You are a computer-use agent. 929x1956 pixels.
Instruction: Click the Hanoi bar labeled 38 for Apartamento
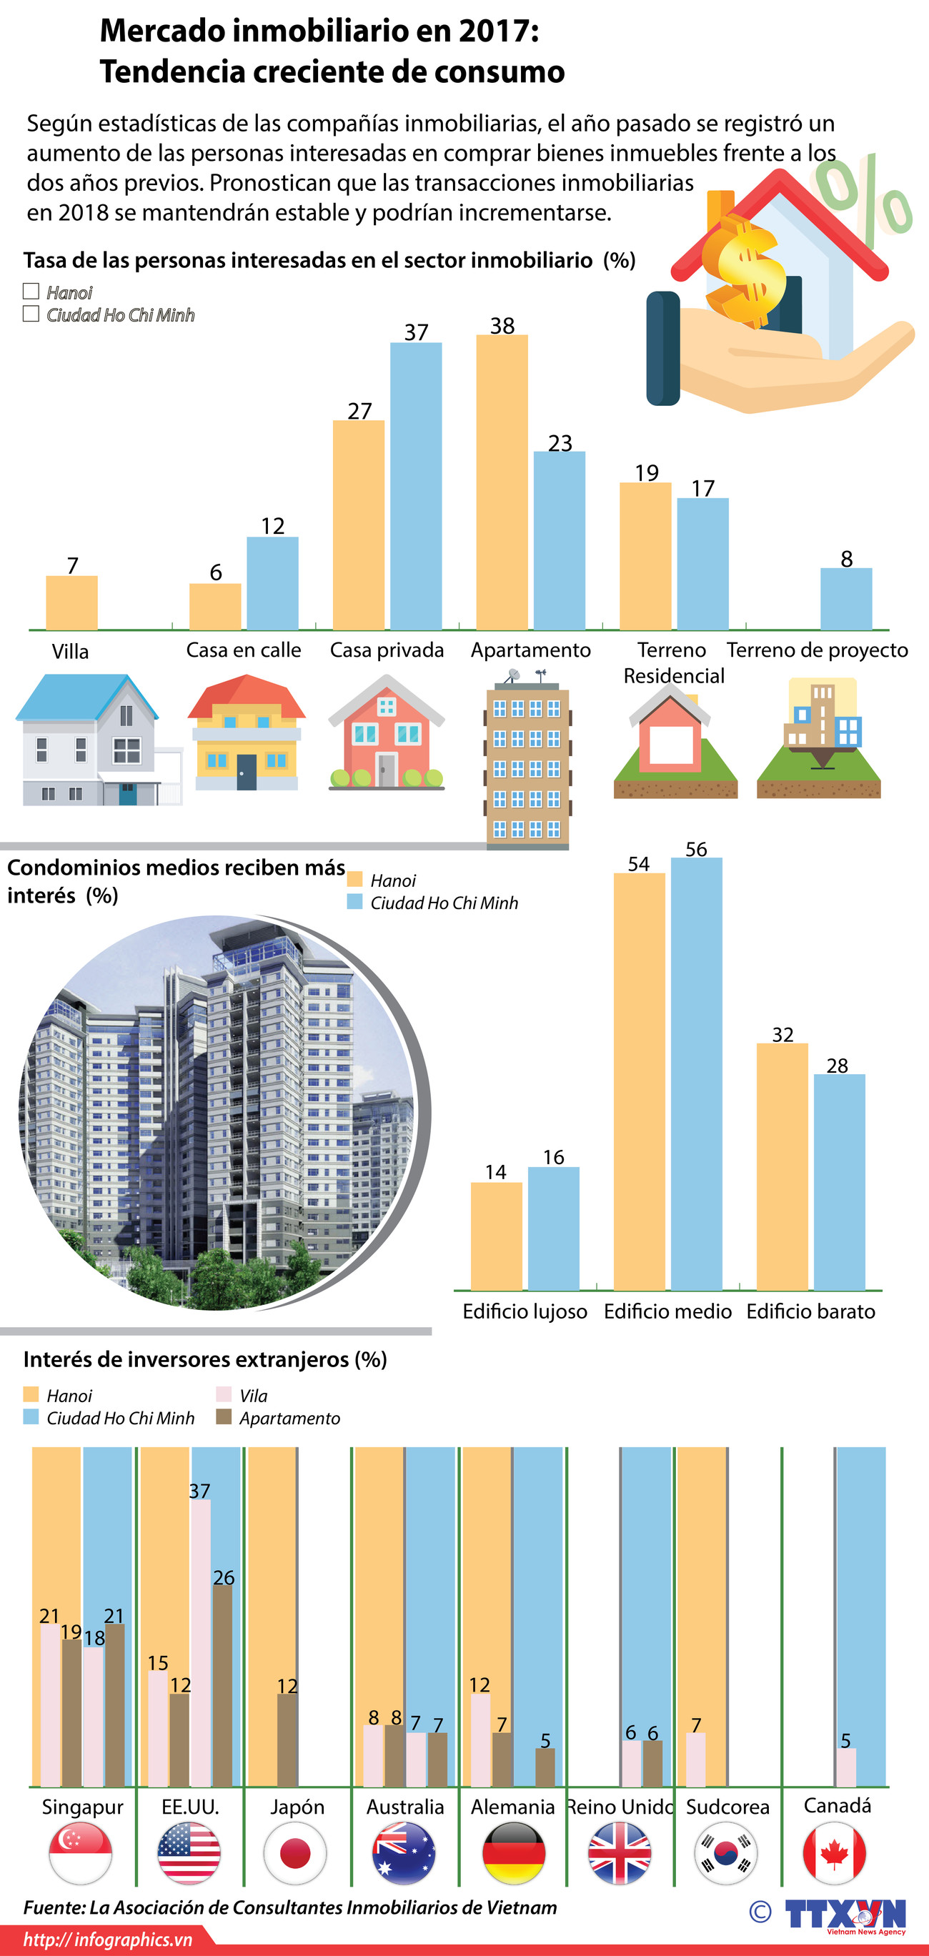pos(502,482)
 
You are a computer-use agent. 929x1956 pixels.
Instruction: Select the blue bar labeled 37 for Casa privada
pos(416,486)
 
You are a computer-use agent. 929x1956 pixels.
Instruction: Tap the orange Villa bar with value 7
pos(71,603)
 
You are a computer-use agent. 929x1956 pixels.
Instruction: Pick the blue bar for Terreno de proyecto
pos(845,599)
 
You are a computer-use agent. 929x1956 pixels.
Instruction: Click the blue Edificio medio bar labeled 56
pos(696,1073)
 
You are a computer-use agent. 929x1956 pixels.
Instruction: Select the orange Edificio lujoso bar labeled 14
pos(497,1236)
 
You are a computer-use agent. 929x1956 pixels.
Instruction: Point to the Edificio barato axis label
pos(810,1311)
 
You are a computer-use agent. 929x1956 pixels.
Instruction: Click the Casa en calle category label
pos(243,650)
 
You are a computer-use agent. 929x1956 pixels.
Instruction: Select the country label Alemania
pos(512,1807)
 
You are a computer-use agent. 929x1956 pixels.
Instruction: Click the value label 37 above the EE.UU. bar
pos(199,1491)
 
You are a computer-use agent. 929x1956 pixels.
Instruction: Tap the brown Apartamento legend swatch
pos(224,1417)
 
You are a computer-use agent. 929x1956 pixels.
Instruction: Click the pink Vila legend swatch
pos(224,1395)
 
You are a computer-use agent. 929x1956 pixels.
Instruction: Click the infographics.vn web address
pos(108,1940)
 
